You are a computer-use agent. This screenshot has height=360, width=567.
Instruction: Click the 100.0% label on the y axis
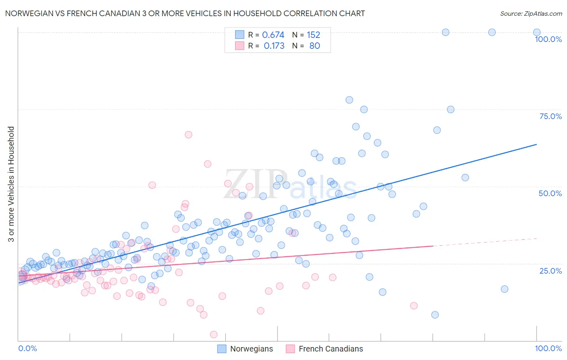[x=548, y=39]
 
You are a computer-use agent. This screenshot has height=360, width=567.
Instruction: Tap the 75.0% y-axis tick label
[x=550, y=116]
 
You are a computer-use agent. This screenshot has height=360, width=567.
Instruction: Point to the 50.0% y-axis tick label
[x=550, y=193]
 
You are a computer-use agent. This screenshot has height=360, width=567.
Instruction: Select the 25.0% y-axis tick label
[x=550, y=271]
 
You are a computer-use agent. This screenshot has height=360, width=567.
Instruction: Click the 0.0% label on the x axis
[x=27, y=348]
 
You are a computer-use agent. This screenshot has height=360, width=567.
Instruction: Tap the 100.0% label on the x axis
[x=548, y=348]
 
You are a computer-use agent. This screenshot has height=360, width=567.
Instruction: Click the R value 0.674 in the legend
[x=273, y=35]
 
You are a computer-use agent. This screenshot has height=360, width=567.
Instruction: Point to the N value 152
[x=313, y=35]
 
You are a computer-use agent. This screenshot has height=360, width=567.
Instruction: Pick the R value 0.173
[x=274, y=46]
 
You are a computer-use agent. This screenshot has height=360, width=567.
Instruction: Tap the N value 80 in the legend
[x=315, y=46]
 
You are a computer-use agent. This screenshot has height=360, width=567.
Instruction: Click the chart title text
[x=185, y=13]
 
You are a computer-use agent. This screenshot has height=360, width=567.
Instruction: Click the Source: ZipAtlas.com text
[x=531, y=13]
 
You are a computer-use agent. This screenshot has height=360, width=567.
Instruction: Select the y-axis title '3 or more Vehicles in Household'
[x=11, y=184]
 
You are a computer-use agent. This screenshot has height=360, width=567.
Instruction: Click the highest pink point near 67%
[x=188, y=135]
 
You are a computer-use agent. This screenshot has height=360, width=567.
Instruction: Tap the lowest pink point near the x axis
[x=214, y=335]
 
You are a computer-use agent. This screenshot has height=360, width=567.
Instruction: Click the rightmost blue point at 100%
[x=537, y=32]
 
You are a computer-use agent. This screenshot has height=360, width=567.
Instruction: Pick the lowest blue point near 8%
[x=435, y=315]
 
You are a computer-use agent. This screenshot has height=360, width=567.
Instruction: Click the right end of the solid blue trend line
[x=537, y=144]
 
